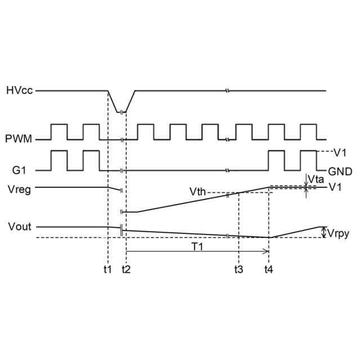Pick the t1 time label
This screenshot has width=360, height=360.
click(107, 269)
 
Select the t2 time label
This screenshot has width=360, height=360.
click(126, 269)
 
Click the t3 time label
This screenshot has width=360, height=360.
click(239, 269)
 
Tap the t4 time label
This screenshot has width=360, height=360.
click(269, 269)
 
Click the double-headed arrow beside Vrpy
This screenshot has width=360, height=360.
click(323, 232)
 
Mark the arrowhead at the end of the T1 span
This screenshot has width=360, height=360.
click(266, 253)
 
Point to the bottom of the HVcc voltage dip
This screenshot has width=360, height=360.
click(120, 112)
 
